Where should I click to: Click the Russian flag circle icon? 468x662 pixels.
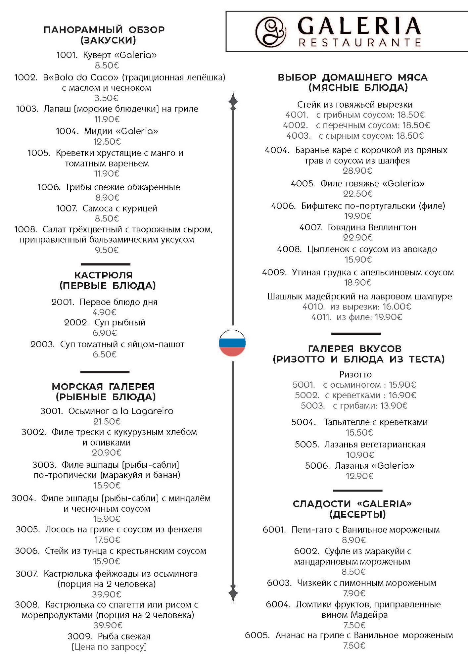232,343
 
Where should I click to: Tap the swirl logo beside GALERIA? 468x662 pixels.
270,31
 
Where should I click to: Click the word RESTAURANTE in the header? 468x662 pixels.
360,43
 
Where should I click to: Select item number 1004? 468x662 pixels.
67,131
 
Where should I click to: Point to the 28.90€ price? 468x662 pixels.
357,171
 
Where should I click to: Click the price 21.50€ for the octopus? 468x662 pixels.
107,421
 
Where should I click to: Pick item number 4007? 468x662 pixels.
310,227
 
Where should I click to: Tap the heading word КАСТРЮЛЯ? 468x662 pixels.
104,275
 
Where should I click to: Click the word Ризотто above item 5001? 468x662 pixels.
355,374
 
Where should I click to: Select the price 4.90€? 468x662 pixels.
105,312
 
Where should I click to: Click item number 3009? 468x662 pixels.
80,636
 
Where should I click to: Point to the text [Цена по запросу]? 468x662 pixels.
109,646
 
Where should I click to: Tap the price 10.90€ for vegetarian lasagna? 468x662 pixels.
360,455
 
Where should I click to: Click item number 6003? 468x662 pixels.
279,583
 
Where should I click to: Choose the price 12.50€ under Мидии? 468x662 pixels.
107,142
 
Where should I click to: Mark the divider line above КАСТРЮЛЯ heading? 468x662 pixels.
106,264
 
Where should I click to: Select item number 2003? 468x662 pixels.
42,344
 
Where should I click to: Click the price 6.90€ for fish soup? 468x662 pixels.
105,333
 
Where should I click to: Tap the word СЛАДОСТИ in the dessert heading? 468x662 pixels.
322,504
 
